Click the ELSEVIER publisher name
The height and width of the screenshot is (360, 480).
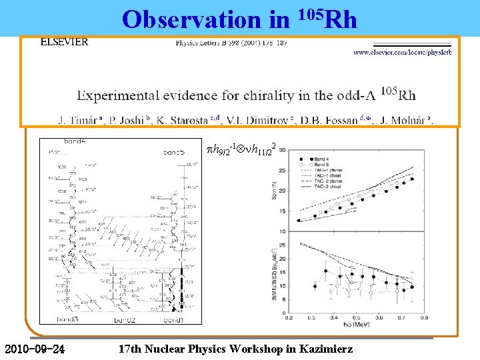(x=64, y=41)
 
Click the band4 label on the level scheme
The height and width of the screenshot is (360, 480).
(x=74, y=141)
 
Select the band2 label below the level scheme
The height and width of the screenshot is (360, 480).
(x=125, y=321)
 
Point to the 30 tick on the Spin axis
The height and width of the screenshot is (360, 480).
(x=282, y=150)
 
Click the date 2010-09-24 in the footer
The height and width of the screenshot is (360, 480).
(x=34, y=349)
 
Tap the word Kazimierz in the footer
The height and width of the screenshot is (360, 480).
(x=331, y=349)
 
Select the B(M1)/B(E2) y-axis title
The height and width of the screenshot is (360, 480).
(x=274, y=273)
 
